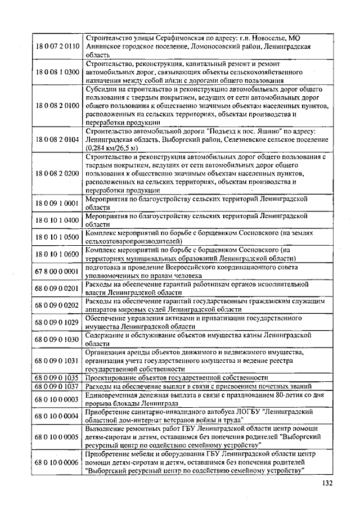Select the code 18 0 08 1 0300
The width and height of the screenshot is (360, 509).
pos(57,73)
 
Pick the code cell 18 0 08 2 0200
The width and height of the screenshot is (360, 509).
pos(57,174)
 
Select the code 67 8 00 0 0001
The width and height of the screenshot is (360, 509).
pos(57,271)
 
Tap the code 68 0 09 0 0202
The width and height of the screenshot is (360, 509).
pos(57,305)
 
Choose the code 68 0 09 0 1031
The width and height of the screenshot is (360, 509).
pos(57,360)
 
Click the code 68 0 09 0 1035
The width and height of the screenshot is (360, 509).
pos(57,377)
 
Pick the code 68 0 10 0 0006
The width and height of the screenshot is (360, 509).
pos(57,462)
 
